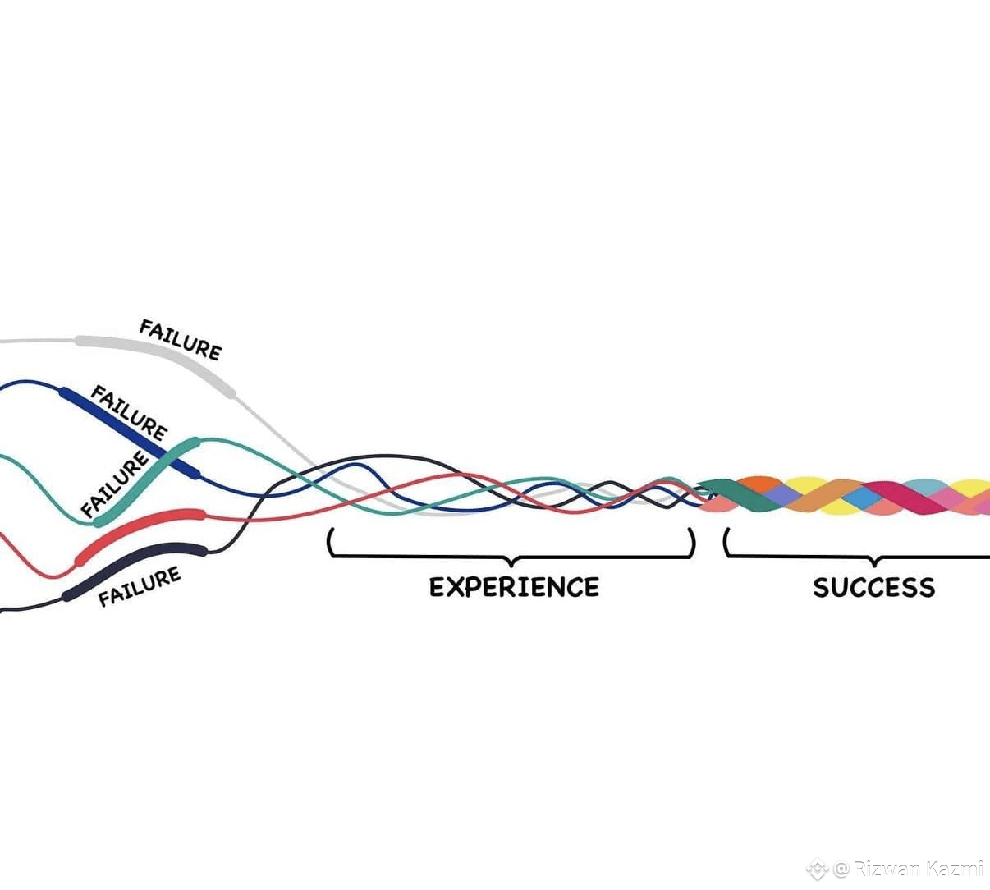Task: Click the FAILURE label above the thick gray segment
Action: tap(181, 340)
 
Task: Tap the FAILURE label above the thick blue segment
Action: tap(130, 413)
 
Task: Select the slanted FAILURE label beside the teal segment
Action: tap(115, 484)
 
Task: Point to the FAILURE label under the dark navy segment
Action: tap(140, 586)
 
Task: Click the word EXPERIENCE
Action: tap(514, 587)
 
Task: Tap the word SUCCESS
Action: tap(874, 587)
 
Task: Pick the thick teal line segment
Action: tap(146, 481)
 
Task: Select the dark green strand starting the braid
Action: tap(736, 493)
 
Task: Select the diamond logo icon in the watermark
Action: tap(818, 869)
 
